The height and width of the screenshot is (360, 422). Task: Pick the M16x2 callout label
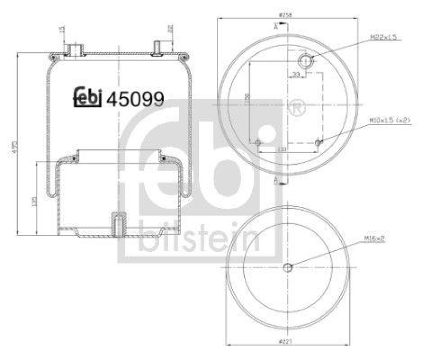374,239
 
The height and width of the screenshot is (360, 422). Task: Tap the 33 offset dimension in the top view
296,75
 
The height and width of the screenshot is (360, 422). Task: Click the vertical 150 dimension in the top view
247,98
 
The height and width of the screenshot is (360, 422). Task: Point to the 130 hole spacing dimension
282,150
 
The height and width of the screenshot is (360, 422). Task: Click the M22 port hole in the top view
305,59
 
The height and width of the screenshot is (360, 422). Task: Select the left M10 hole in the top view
257,143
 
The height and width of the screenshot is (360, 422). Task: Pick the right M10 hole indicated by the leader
317,143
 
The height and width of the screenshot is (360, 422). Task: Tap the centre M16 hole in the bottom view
287,267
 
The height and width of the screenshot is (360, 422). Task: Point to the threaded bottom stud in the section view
118,225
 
